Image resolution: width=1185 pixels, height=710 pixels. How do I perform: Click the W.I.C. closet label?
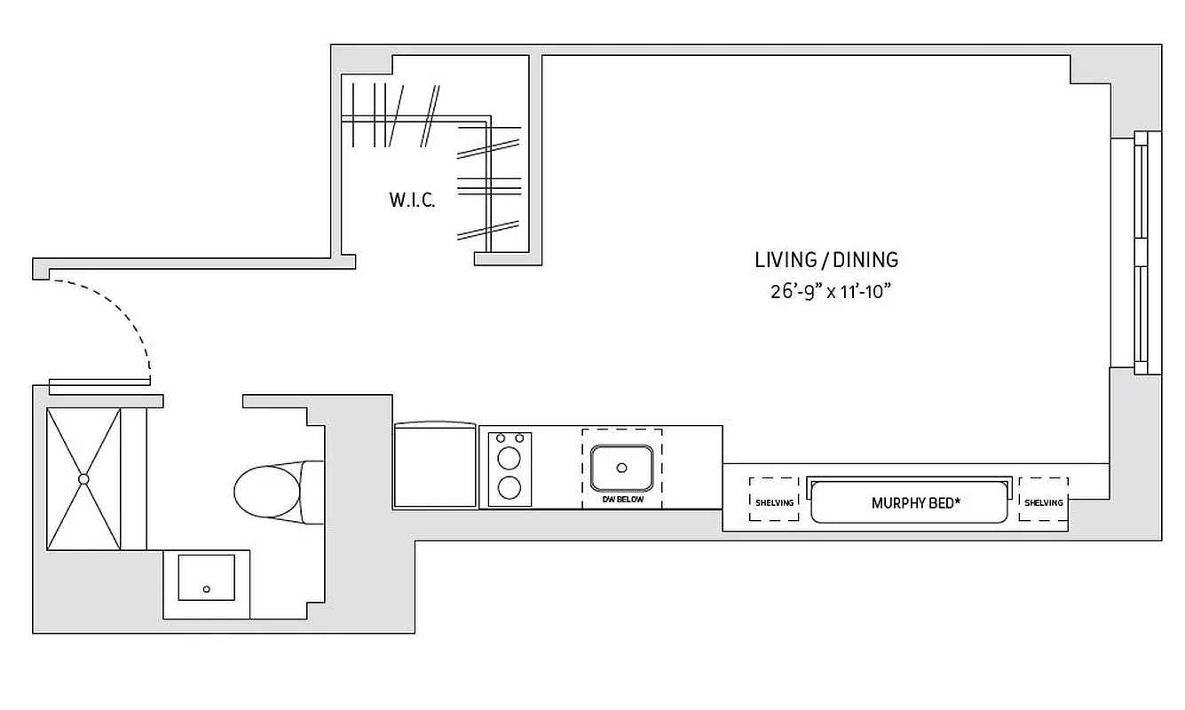pyautogui.click(x=412, y=201)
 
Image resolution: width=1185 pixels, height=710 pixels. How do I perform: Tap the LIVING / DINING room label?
pyautogui.click(x=826, y=260)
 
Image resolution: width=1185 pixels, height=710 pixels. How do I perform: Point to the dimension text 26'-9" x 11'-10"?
pyautogui.click(x=830, y=292)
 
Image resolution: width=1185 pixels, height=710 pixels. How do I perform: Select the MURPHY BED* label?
pyautogui.click(x=915, y=503)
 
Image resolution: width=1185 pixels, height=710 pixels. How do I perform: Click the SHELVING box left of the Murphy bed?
pyautogui.click(x=774, y=500)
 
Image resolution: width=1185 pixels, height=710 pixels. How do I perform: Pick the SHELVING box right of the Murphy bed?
pyautogui.click(x=1043, y=500)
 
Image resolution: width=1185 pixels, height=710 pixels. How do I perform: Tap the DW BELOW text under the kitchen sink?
pyautogui.click(x=621, y=500)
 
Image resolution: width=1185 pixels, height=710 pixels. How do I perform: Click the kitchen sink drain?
pyautogui.click(x=621, y=468)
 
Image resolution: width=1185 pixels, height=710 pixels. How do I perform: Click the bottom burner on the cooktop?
pyautogui.click(x=510, y=488)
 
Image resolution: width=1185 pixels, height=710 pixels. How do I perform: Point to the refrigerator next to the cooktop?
pyautogui.click(x=435, y=465)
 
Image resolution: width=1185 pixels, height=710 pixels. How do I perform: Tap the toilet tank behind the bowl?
pyautogui.click(x=312, y=490)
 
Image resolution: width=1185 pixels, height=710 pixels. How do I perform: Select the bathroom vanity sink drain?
pyautogui.click(x=207, y=589)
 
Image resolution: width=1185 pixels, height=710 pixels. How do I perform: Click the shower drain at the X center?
pyautogui.click(x=83, y=479)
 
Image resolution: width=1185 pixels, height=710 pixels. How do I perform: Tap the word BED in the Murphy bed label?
pyautogui.click(x=944, y=503)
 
